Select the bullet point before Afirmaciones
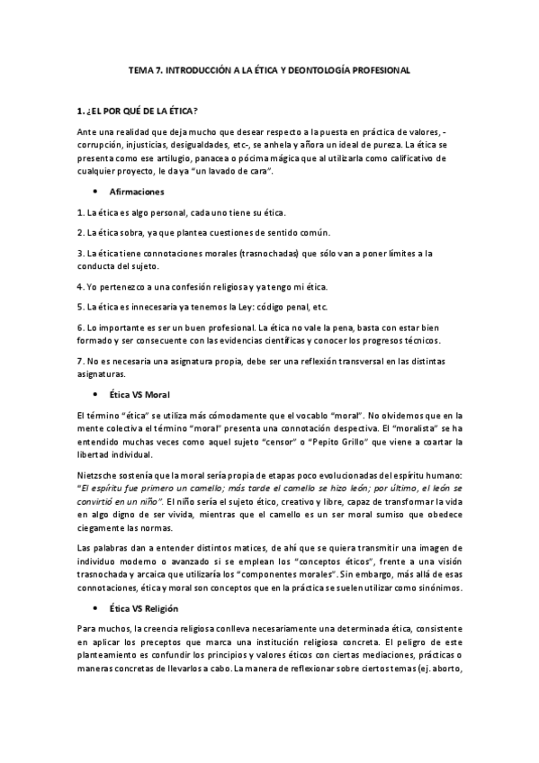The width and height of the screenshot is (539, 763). [94, 193]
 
